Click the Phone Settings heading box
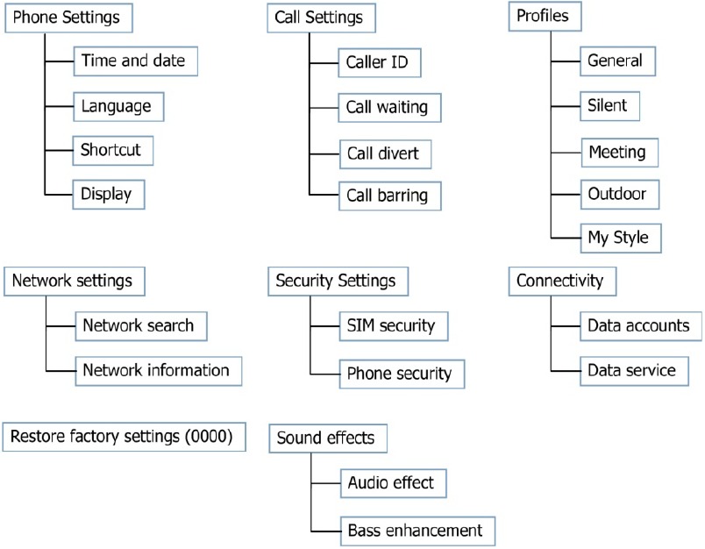click(68, 18)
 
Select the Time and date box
click(135, 61)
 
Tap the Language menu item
click(118, 107)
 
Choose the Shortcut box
click(113, 151)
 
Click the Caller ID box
click(380, 63)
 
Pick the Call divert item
click(385, 154)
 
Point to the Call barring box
click(389, 196)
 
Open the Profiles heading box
click(545, 17)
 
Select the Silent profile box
click(609, 106)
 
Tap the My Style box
click(621, 238)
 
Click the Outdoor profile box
click(620, 195)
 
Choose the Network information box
click(158, 371)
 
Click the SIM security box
click(394, 326)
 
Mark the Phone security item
click(402, 374)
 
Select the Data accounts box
click(641, 326)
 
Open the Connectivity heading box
click(562, 282)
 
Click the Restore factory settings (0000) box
click(125, 437)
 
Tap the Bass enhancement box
click(417, 531)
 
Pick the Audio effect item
click(394, 483)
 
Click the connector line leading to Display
click(59, 195)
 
